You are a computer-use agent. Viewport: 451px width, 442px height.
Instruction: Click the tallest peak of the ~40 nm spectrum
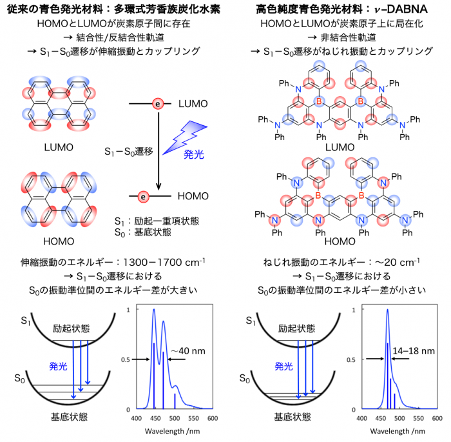153,310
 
